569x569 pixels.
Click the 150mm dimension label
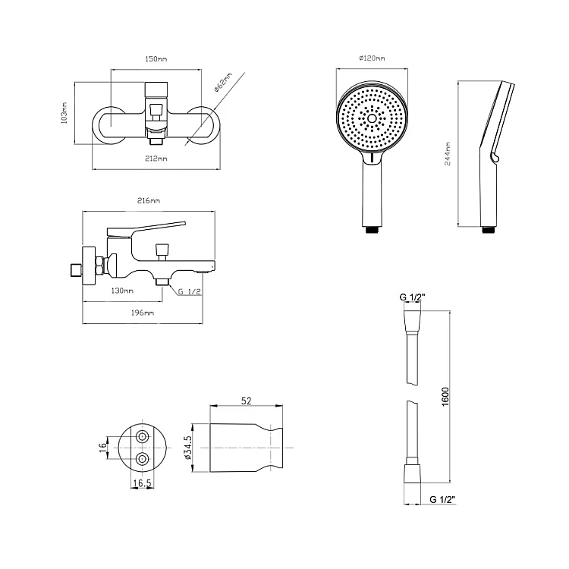pyautogui.click(x=156, y=58)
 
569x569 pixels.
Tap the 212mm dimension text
pyautogui.click(x=156, y=159)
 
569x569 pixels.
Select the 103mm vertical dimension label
pyautogui.click(x=64, y=113)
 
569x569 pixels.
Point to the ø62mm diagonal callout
pyautogui.click(x=222, y=83)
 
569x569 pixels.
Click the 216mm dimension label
pyautogui.click(x=149, y=201)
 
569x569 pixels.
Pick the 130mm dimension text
pyautogui.click(x=122, y=291)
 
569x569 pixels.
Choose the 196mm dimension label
pyautogui.click(x=143, y=313)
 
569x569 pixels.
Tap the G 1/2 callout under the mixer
pyautogui.click(x=190, y=291)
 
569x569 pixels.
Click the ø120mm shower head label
pyautogui.click(x=372, y=58)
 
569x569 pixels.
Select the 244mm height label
pyautogui.click(x=448, y=154)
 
